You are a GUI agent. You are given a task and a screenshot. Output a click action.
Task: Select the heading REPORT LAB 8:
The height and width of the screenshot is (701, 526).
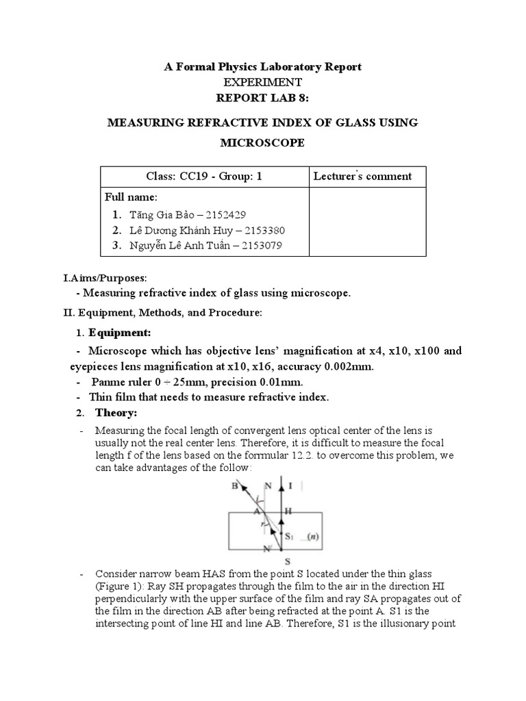point(262,97)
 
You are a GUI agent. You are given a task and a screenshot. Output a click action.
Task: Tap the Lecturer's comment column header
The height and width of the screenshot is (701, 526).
point(362,176)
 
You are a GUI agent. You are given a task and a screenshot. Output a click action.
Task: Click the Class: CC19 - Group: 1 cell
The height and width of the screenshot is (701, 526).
point(203,176)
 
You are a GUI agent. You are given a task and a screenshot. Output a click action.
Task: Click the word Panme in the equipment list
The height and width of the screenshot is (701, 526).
point(108,382)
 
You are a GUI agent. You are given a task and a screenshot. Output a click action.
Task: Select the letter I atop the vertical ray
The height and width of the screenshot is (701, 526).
point(292,486)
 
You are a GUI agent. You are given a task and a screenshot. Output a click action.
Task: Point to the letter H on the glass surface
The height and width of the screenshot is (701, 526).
point(290,511)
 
